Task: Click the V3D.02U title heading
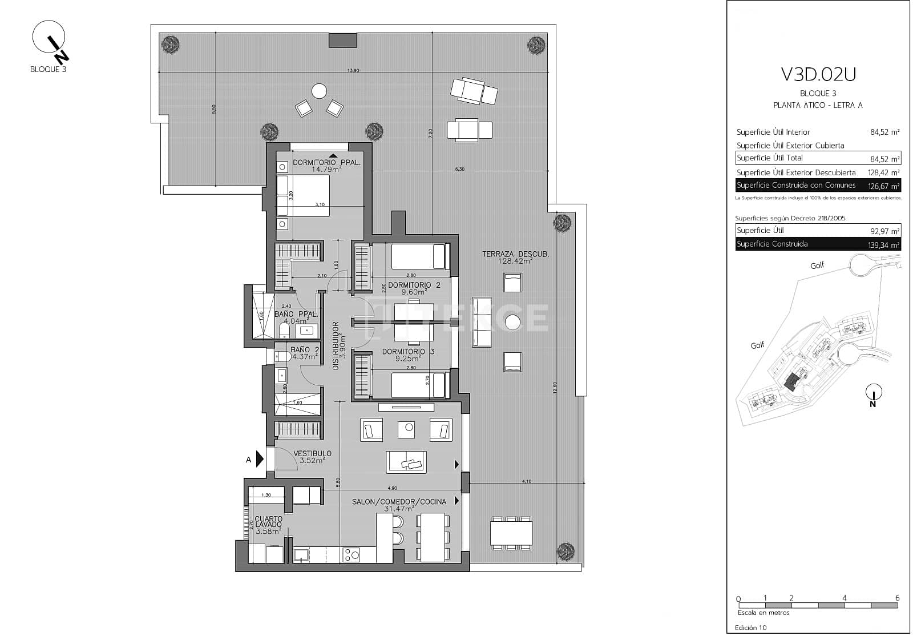point(818,75)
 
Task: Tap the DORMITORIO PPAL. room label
point(326,163)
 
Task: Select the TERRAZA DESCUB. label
point(515,255)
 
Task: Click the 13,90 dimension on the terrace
point(353,71)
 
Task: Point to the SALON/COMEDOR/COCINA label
point(399,502)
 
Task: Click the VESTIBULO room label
point(312,454)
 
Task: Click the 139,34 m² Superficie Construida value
point(883,245)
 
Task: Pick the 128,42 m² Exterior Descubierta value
point(884,172)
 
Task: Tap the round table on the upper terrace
point(319,91)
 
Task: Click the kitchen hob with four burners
point(351,554)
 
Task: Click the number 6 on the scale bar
point(897,598)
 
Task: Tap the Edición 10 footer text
point(751,627)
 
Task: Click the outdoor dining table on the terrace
point(511,533)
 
